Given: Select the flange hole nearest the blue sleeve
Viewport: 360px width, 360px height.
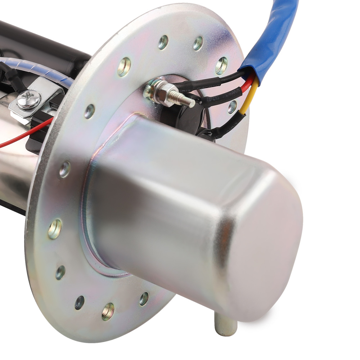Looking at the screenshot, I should pyautogui.click(x=221, y=66).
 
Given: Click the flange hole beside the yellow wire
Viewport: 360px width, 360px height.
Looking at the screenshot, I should pyautogui.click(x=232, y=107).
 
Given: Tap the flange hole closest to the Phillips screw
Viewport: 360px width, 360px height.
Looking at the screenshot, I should pyautogui.click(x=89, y=111).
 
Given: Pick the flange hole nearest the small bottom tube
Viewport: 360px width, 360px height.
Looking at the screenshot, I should pyautogui.click(x=144, y=298).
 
